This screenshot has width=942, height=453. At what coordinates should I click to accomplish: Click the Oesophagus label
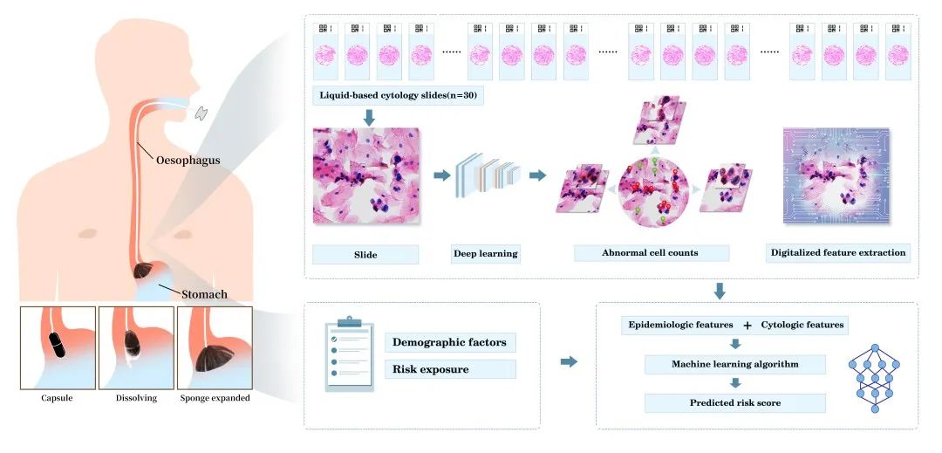[x=188, y=161]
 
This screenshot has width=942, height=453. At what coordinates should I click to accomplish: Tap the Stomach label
[x=204, y=294]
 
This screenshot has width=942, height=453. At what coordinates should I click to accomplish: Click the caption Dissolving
[x=136, y=398]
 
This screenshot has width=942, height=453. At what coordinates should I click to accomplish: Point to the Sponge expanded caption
[x=215, y=398]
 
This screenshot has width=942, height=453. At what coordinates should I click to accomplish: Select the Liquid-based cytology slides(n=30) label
[x=399, y=96]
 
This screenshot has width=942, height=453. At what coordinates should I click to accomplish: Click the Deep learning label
[x=485, y=253]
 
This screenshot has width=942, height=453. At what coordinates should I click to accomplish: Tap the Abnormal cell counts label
[x=650, y=253]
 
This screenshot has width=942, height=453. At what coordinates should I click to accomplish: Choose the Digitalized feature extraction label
[x=838, y=253]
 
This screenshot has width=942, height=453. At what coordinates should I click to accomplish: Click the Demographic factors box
[x=450, y=343]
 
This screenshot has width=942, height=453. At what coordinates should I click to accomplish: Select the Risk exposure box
[x=450, y=369]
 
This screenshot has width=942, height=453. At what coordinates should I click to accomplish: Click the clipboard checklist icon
[x=349, y=355]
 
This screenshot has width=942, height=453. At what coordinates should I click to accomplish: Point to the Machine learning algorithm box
[x=734, y=364]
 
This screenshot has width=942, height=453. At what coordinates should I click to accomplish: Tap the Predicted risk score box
[x=734, y=403]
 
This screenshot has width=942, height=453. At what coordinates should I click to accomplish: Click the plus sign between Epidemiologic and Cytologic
[x=747, y=326]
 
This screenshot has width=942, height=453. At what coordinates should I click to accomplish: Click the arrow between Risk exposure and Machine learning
[x=569, y=361]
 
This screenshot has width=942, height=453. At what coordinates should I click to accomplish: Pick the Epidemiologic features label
[x=680, y=325]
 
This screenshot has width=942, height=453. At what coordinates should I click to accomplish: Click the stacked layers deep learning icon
[x=488, y=175]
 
